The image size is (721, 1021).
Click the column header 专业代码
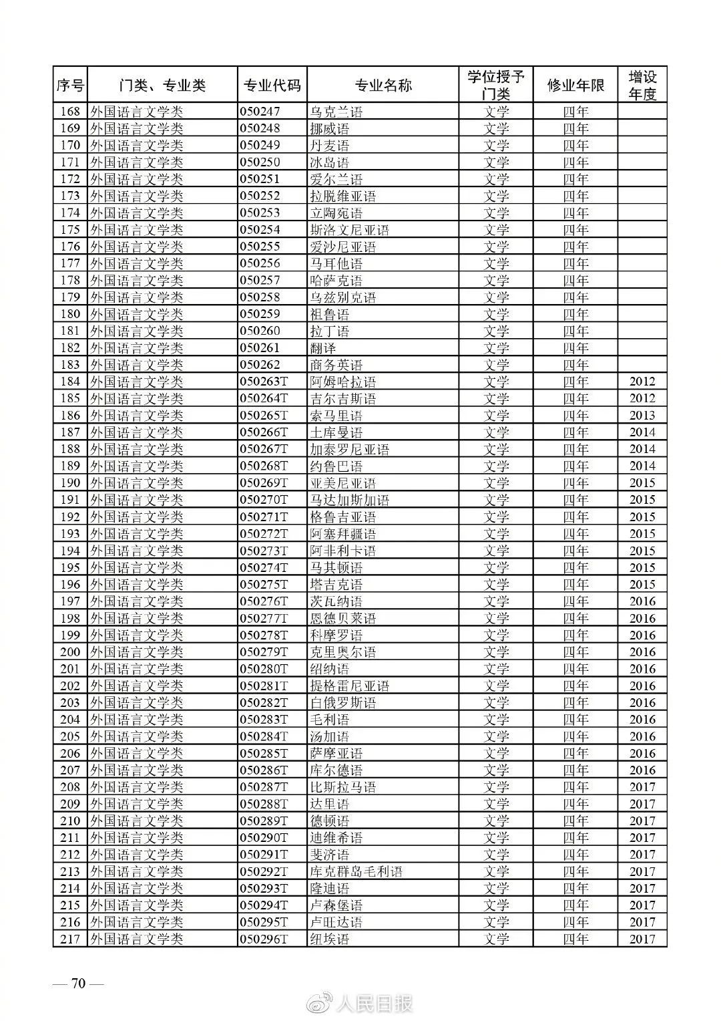pyautogui.click(x=272, y=86)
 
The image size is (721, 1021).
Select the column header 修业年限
pyautogui.click(x=575, y=86)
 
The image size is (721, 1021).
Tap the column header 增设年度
pyautogui.click(x=642, y=85)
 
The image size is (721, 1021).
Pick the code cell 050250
pyautogui.click(x=260, y=162)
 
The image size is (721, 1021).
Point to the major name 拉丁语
pyautogui.click(x=329, y=331)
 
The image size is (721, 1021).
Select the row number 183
pyautogui.click(x=70, y=365)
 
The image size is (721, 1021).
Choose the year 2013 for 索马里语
pyautogui.click(x=642, y=416)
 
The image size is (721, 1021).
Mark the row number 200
pyautogui.click(x=70, y=652)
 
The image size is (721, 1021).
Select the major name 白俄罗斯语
pyautogui.click(x=342, y=703)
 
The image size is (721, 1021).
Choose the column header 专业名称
pyautogui.click(x=383, y=86)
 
